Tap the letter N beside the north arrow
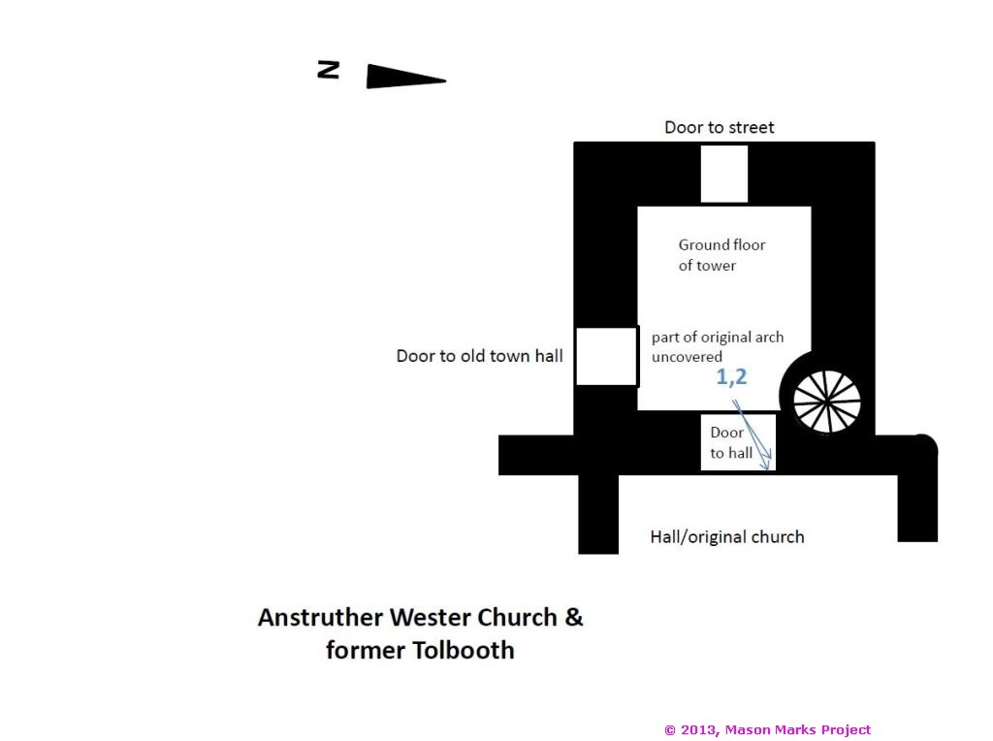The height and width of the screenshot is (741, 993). click(x=328, y=70)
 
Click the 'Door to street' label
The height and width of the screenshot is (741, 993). click(x=719, y=127)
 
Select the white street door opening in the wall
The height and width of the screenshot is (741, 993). click(x=723, y=175)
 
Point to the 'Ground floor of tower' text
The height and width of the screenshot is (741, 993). click(x=721, y=255)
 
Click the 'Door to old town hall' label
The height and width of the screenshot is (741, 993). click(x=479, y=356)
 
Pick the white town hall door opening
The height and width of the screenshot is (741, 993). click(x=606, y=356)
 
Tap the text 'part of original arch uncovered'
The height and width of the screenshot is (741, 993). click(x=718, y=346)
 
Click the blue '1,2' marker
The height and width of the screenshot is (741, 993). click(x=731, y=377)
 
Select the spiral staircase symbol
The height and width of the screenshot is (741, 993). click(x=827, y=402)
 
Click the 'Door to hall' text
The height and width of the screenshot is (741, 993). click(x=731, y=442)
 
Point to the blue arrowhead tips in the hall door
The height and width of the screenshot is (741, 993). click(x=767, y=462)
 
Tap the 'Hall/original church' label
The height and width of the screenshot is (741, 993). click(x=727, y=537)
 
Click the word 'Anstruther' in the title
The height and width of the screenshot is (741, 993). click(x=320, y=617)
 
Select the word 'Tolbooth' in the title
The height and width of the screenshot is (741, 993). click(x=464, y=651)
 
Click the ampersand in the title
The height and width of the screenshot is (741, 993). click(x=574, y=616)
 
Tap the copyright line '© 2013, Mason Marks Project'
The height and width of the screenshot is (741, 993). click(x=768, y=730)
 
